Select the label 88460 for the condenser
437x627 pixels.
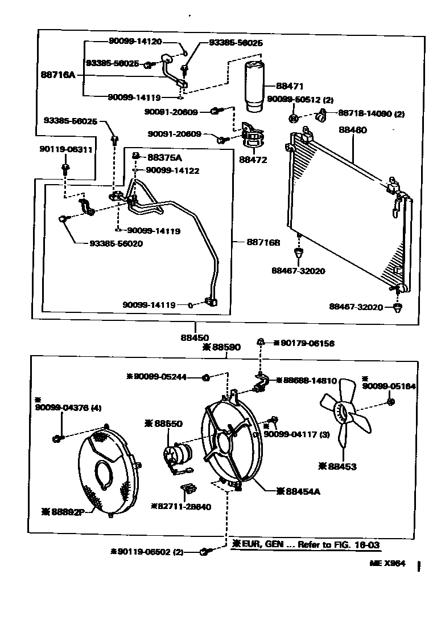(353, 130)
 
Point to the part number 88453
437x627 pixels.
(341, 466)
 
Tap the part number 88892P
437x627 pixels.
(64, 511)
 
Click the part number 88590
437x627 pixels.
(225, 347)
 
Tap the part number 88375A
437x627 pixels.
(165, 157)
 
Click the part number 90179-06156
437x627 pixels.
(307, 343)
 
